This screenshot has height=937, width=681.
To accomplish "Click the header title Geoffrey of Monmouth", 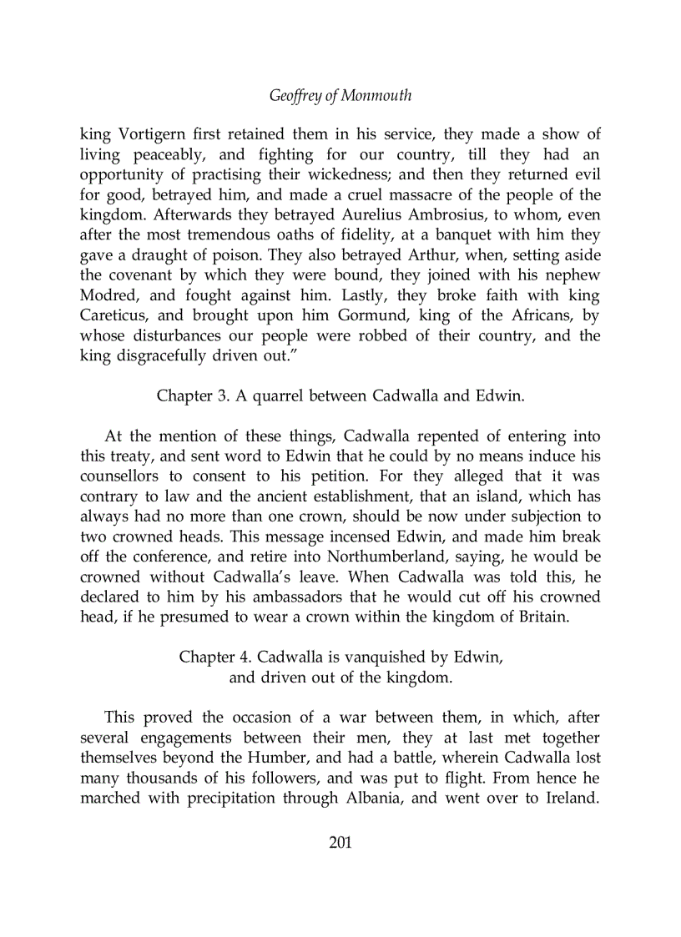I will [340, 95].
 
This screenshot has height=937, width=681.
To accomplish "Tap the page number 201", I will [340, 842].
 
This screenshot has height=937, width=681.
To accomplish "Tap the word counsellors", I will [125, 476].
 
